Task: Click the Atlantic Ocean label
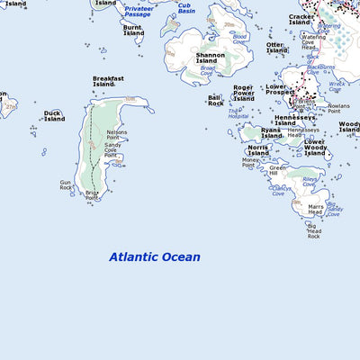pyautogui.click(x=155, y=257)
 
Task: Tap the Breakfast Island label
pyautogui.click(x=108, y=82)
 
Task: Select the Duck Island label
pyautogui.click(x=54, y=116)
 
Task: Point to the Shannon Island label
pyautogui.click(x=211, y=58)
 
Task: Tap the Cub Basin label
pyautogui.click(x=184, y=9)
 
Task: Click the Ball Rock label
pyautogui.click(x=216, y=101)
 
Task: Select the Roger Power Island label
pyautogui.click(x=244, y=94)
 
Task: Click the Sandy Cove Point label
pyautogui.click(x=113, y=148)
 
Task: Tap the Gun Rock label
pyautogui.click(x=66, y=185)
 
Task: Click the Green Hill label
pyautogui.click(x=278, y=170)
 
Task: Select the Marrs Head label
pyautogui.click(x=316, y=210)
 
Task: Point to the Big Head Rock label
pyautogui.click(x=314, y=232)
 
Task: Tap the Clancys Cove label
pyautogui.click(x=282, y=191)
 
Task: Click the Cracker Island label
pyautogui.click(x=301, y=19)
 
